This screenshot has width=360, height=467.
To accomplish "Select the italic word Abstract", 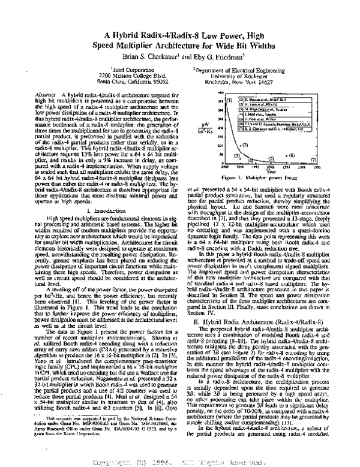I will (x=46, y=95).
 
